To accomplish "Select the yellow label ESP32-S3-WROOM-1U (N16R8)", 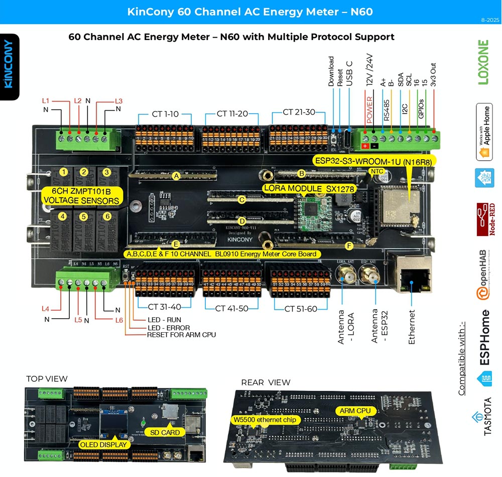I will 374,161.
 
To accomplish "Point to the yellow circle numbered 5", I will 84,217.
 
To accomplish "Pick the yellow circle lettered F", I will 350,246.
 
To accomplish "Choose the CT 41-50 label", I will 232,309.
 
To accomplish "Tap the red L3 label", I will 118,101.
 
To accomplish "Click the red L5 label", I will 78,319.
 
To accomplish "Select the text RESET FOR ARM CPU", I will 181,335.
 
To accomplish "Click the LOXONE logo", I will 483,62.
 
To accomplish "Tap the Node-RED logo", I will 484,219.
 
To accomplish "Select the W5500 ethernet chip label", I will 266,419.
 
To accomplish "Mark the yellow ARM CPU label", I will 354,411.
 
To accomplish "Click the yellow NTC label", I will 376,171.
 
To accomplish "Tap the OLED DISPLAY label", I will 104,444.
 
